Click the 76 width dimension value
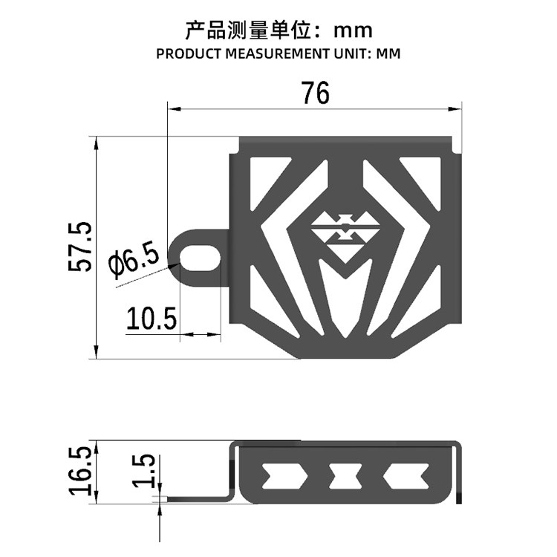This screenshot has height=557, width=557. click(x=315, y=94)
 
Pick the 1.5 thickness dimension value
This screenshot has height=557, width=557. click(x=145, y=472)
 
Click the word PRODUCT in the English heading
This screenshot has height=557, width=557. click(x=189, y=55)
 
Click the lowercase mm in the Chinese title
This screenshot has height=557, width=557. click(x=352, y=31)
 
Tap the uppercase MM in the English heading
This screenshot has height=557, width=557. click(x=389, y=55)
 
